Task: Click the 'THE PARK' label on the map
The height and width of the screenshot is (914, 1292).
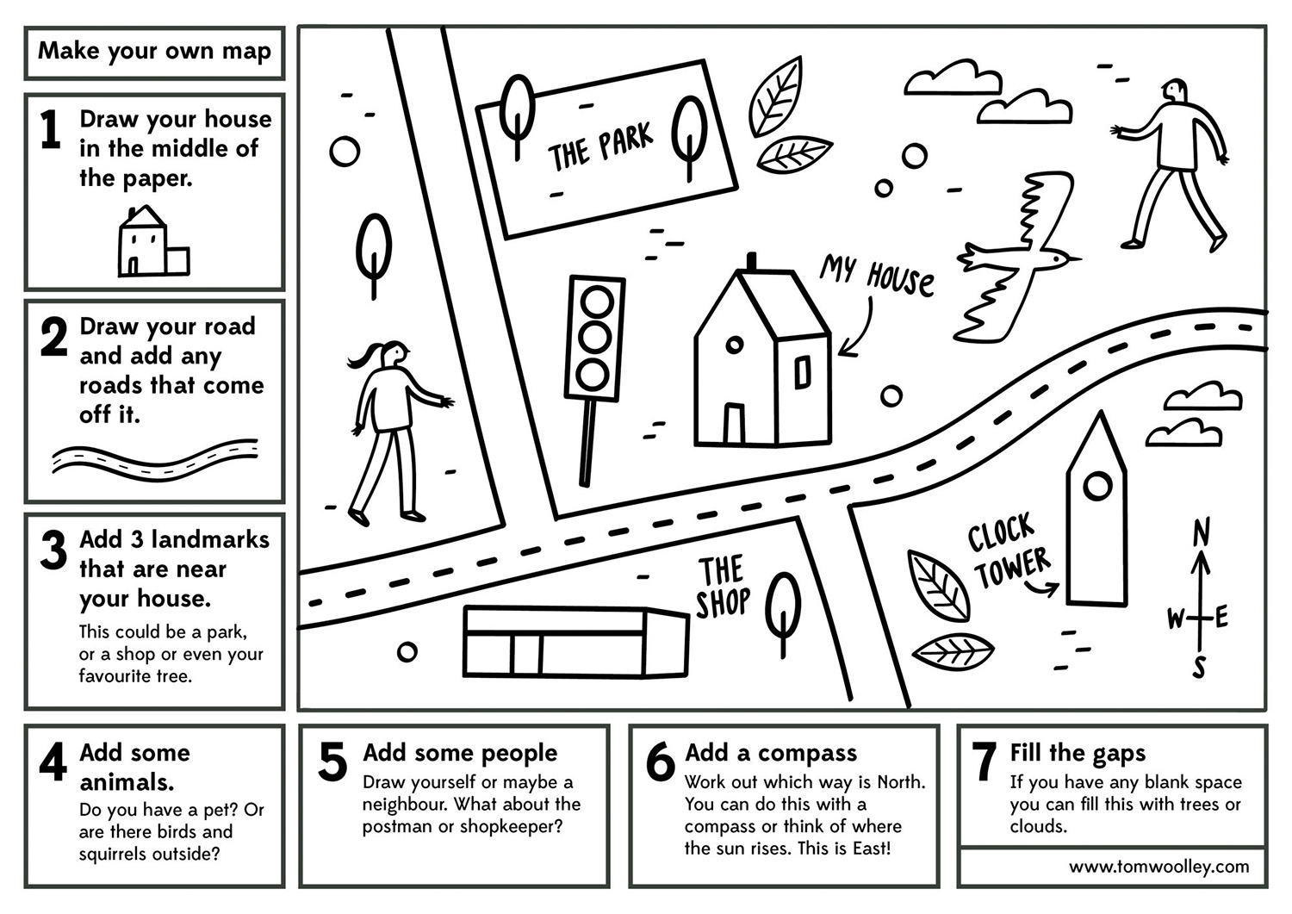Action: [600, 146]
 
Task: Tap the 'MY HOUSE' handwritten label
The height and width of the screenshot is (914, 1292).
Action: [876, 276]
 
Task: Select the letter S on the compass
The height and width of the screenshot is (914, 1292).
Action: [1199, 666]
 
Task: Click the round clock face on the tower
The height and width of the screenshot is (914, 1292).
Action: [1097, 487]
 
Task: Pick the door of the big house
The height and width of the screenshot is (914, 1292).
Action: [733, 423]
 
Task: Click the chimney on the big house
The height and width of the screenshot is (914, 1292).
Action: [751, 261]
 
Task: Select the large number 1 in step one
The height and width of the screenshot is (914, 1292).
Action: [52, 130]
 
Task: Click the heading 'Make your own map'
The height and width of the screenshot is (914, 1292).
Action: [154, 51]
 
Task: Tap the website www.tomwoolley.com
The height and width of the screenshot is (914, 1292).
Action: [1158, 867]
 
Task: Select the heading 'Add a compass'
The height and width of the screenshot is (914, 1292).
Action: [771, 753]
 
